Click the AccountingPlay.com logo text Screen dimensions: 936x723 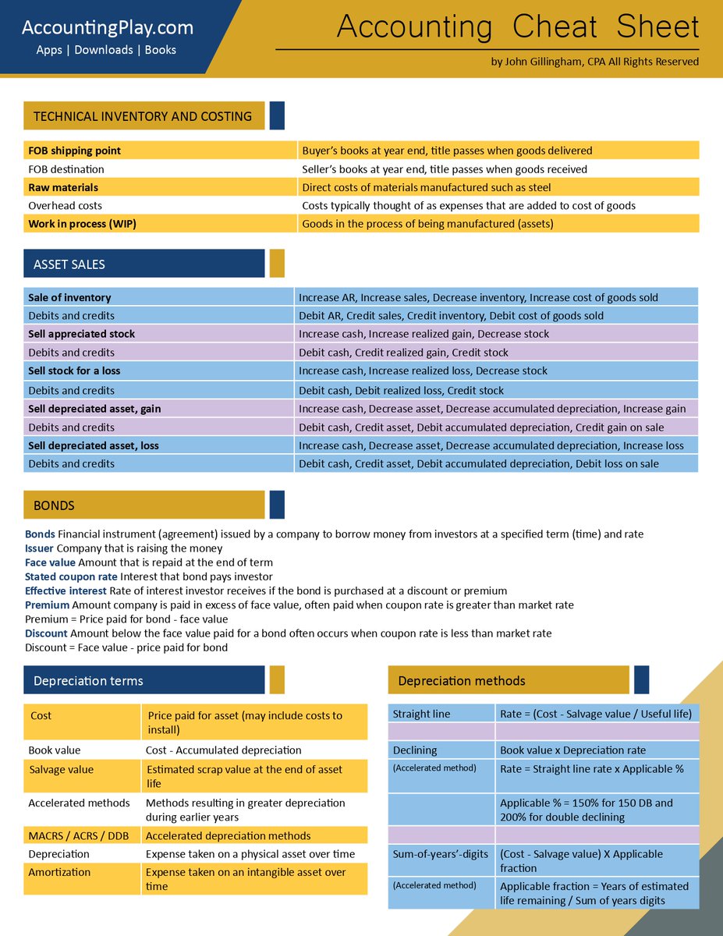pos(107,28)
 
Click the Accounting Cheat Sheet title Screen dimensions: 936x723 pos(518,27)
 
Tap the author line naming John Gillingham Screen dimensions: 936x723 pos(594,62)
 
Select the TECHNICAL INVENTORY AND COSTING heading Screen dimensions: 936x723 pos(143,116)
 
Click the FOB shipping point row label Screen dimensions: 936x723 pos(75,151)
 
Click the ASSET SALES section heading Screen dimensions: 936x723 pos(69,264)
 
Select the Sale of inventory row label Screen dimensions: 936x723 pos(69,297)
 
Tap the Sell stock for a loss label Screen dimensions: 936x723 pos(74,370)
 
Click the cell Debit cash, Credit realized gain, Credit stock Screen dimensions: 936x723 pos(403,353)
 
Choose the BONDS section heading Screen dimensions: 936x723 pos(54,505)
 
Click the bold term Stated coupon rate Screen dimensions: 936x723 pos(71,576)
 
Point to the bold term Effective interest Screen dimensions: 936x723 pos(66,590)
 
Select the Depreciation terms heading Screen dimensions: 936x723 pos(88,681)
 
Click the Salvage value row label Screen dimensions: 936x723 pos(61,770)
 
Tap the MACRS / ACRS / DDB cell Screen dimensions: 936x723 pos(79,835)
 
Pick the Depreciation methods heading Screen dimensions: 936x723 pos(462,681)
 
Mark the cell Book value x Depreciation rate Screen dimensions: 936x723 pos(572,750)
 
